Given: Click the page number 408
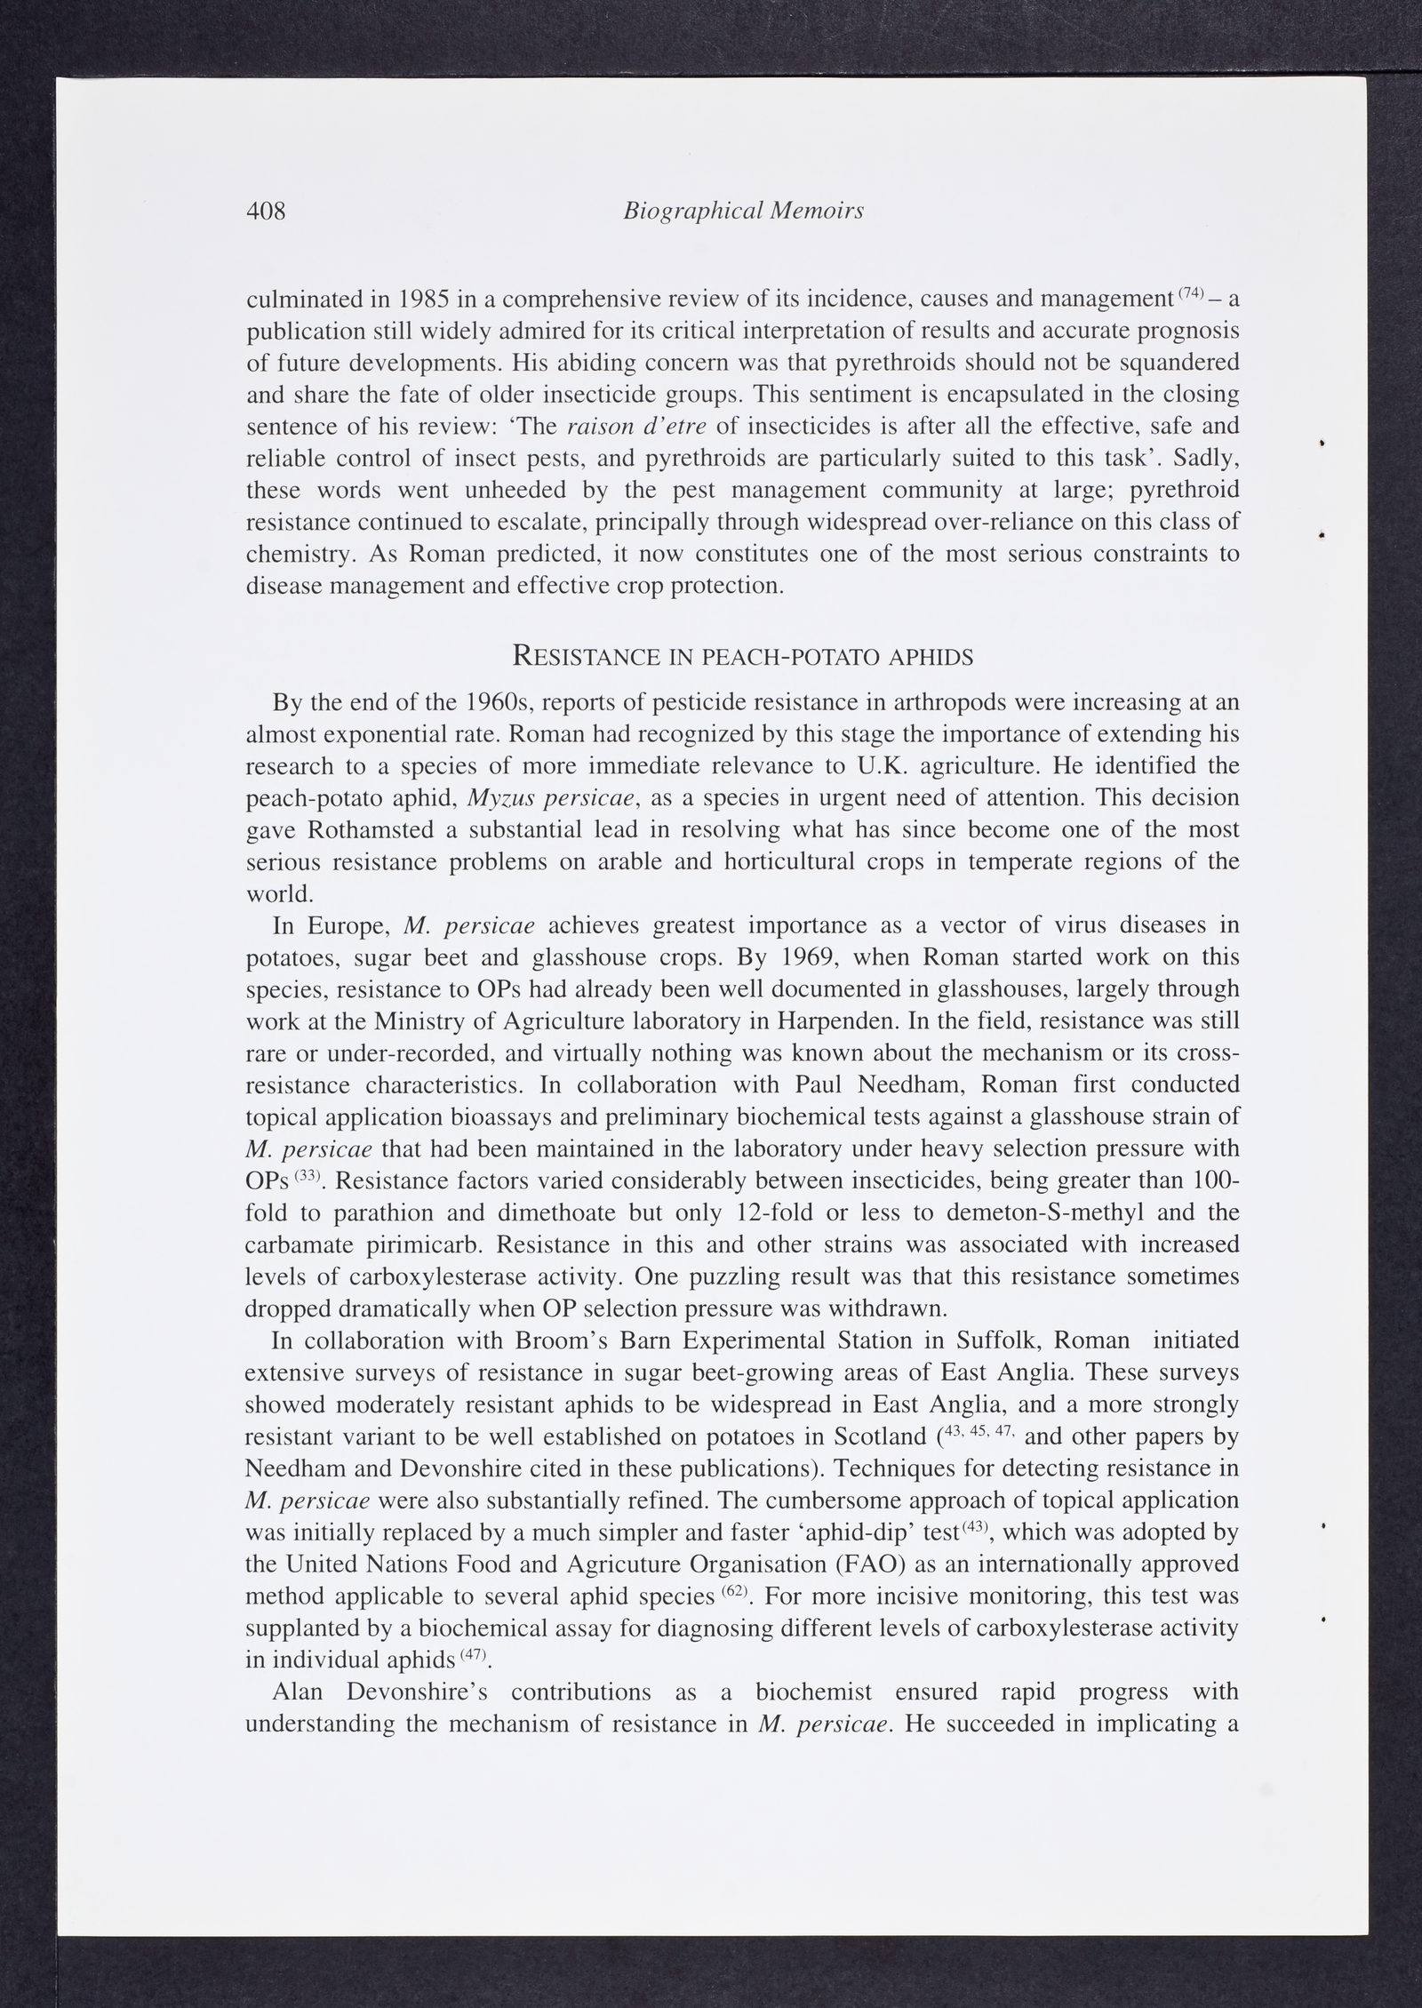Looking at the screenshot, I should (x=266, y=211).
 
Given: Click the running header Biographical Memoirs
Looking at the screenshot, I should (x=744, y=211).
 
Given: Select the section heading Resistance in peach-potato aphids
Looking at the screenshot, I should (x=743, y=657).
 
